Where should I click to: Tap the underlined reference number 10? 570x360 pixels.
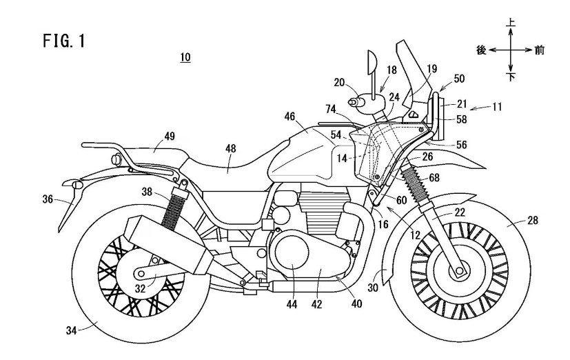pyautogui.click(x=185, y=58)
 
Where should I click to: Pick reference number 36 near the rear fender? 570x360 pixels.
pyautogui.click(x=48, y=199)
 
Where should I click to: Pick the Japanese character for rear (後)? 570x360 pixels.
pyautogui.click(x=482, y=50)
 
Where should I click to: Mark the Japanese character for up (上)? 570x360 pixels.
pyautogui.click(x=511, y=23)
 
